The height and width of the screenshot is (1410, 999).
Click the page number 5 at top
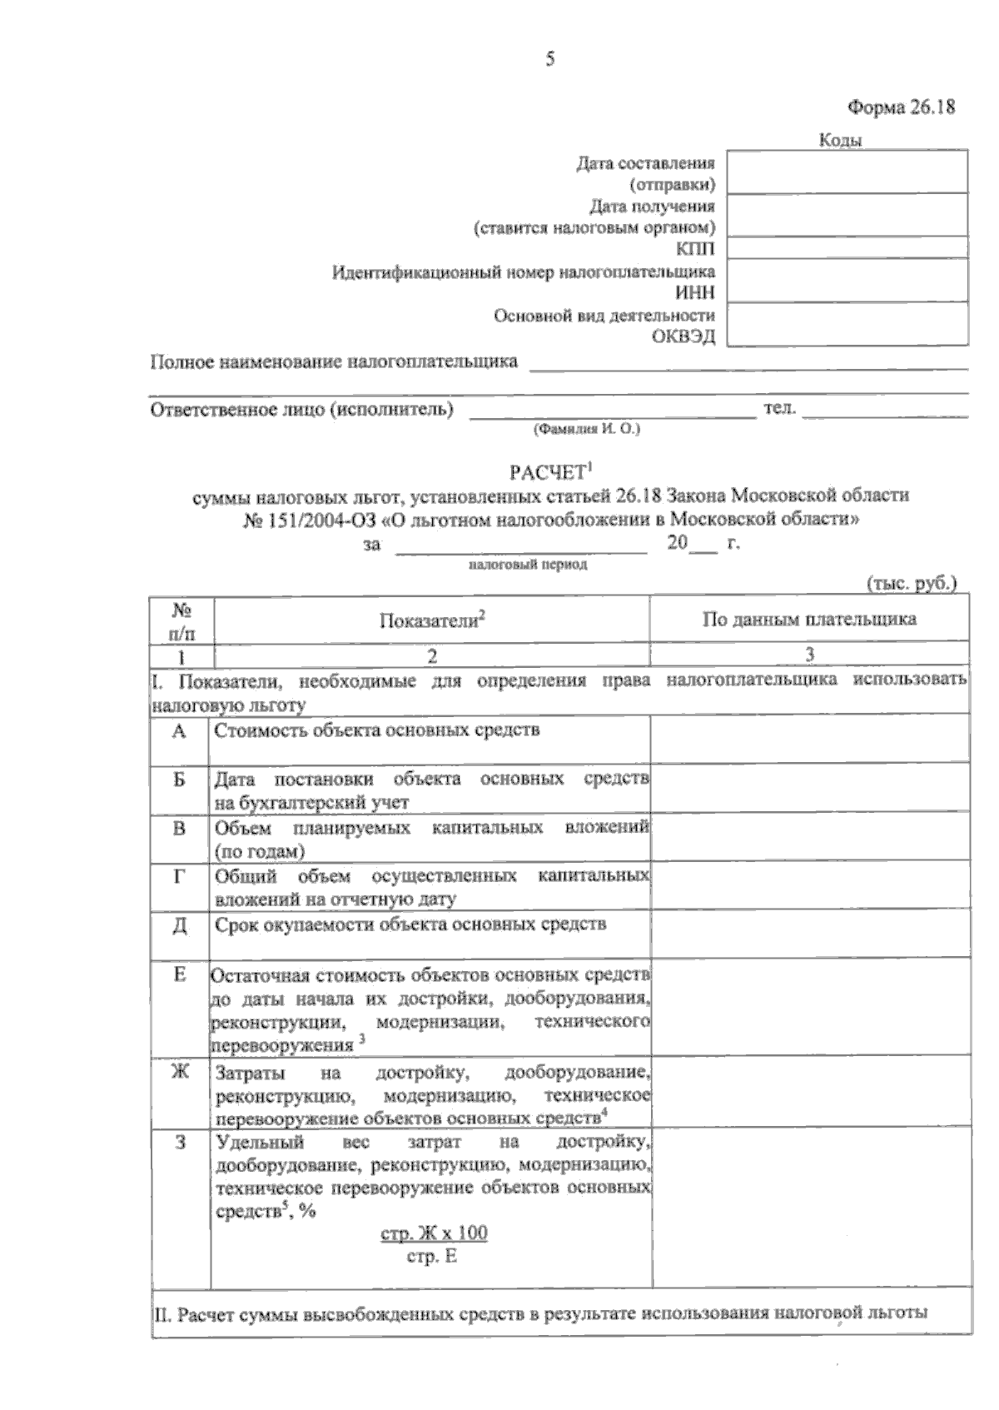tap(549, 59)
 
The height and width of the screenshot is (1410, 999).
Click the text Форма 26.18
tap(900, 107)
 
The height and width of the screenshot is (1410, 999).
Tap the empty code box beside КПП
tap(847, 247)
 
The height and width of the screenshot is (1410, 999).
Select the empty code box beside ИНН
tap(847, 280)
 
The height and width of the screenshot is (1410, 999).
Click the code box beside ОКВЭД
tap(847, 324)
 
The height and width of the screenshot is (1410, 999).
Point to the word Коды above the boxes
tap(840, 140)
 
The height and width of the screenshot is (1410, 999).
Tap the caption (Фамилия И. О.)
tap(586, 430)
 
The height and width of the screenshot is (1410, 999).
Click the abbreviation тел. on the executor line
tap(779, 408)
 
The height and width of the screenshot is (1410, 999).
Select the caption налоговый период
tap(528, 565)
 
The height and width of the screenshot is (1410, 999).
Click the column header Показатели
tap(430, 620)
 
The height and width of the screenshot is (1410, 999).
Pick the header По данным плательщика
tap(809, 619)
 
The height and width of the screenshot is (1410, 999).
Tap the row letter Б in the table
tap(179, 780)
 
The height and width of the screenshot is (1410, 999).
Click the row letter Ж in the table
tap(180, 1071)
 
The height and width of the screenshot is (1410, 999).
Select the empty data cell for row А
tap(809, 739)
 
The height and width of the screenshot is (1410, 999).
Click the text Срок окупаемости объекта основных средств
tap(410, 924)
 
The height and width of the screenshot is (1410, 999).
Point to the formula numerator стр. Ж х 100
tap(434, 1233)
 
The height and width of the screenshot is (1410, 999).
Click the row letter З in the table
tap(180, 1143)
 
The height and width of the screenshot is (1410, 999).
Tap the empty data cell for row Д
tap(809, 933)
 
